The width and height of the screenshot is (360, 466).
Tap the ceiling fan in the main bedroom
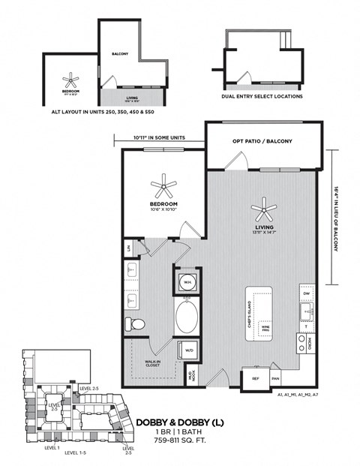point(163,184)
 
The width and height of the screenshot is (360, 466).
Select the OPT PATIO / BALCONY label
point(262,141)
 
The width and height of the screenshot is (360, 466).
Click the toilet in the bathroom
point(136,323)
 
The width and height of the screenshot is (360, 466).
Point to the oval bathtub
point(187,318)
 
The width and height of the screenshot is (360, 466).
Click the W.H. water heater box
point(187,282)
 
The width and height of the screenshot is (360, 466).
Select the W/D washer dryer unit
point(187,350)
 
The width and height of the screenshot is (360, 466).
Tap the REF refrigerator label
point(256,379)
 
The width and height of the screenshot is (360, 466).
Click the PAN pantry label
point(275,379)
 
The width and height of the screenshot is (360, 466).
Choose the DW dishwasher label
point(307,293)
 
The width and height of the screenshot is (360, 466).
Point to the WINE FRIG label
point(265,329)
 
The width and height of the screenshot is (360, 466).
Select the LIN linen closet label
point(129,247)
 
